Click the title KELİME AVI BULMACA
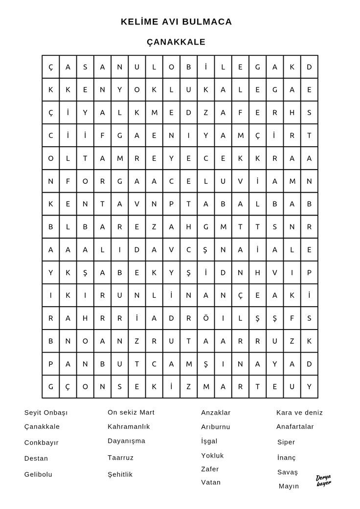tap(177, 22)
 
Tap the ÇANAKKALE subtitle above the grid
tap(176, 42)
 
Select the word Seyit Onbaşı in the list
tap(46, 413)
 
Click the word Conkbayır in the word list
tap(42, 443)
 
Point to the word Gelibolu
tap(38, 474)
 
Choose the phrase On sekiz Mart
tap(131, 412)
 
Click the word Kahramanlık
tap(129, 426)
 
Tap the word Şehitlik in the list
tap(120, 474)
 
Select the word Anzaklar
tap(216, 413)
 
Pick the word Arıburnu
tap(216, 427)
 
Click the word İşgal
tap(209, 441)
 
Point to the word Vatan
tap(211, 482)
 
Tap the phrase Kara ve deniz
tap(299, 413)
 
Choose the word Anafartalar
tap(295, 426)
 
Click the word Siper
tap(286, 442)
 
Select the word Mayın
tap(289, 486)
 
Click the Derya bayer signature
tap(324, 480)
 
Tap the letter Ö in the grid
tap(205, 318)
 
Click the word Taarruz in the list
tap(121, 458)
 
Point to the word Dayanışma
tap(127, 441)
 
